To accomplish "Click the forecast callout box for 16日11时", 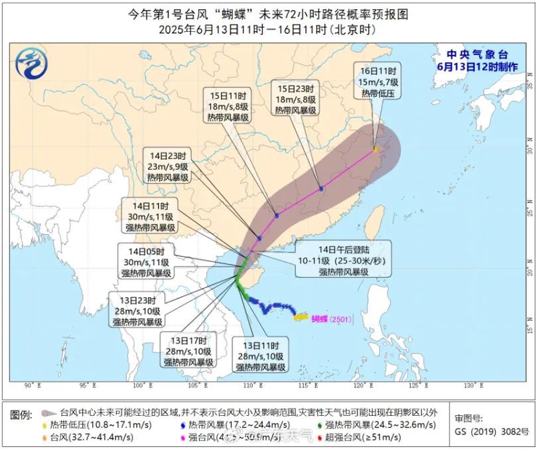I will [379, 82].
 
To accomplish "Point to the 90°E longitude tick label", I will [30, 386].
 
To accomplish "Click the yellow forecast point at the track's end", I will [375, 150].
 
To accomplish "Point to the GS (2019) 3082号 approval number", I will [492, 431].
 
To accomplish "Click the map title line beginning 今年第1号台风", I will [269, 14].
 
